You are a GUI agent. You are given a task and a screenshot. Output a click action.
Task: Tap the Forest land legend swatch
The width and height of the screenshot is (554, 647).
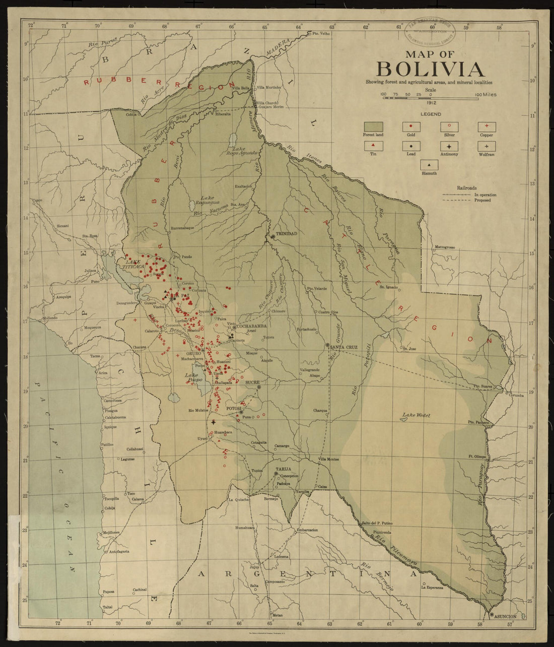[x=373, y=126]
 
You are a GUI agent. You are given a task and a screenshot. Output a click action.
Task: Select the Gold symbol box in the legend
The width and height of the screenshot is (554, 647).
[x=411, y=126]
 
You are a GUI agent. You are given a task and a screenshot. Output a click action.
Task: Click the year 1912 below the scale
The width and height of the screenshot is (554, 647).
[x=430, y=102]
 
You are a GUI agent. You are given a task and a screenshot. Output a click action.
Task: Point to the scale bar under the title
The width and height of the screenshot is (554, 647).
[x=430, y=97]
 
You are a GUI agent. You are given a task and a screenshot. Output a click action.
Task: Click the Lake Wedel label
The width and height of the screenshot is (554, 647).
[x=412, y=416]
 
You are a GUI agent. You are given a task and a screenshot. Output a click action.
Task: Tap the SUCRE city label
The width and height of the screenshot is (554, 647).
[x=251, y=382]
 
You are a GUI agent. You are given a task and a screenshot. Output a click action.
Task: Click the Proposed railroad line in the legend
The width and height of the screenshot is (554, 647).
[x=455, y=200]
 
